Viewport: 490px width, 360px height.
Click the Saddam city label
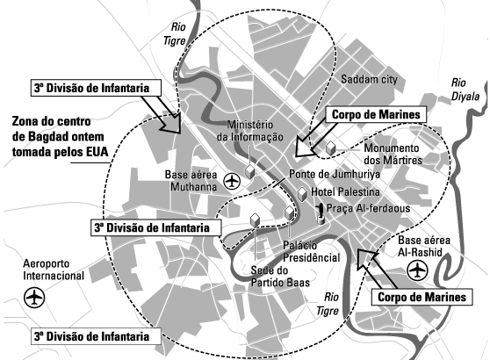point(369,79)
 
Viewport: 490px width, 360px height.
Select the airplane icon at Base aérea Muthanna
point(232,180)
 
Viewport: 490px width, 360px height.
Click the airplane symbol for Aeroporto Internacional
point(34,297)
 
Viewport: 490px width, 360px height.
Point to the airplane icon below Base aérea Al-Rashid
point(417,270)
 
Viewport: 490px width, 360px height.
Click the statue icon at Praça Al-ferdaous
point(320,213)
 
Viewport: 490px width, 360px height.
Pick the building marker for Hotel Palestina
point(302,194)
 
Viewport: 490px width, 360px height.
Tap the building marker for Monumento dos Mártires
point(330,148)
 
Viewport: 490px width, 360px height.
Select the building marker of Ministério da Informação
point(249,172)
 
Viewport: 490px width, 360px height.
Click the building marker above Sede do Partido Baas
point(256,220)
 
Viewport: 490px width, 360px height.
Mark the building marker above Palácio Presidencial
point(290,213)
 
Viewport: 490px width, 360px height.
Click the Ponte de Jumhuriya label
point(335,174)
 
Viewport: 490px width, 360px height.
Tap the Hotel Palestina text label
point(345,192)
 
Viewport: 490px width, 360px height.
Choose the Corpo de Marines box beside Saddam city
point(376,114)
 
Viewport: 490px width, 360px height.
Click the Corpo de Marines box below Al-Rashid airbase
point(422,297)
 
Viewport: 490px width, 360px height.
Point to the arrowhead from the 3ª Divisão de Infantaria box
point(171,124)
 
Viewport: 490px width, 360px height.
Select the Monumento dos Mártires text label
point(393,154)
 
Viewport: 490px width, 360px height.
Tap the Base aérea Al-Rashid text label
point(424,246)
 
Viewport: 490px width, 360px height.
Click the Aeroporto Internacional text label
point(54,270)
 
